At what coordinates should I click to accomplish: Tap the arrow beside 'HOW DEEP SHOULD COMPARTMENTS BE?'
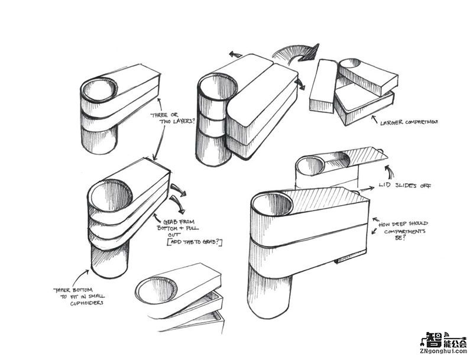(x=374, y=226)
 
